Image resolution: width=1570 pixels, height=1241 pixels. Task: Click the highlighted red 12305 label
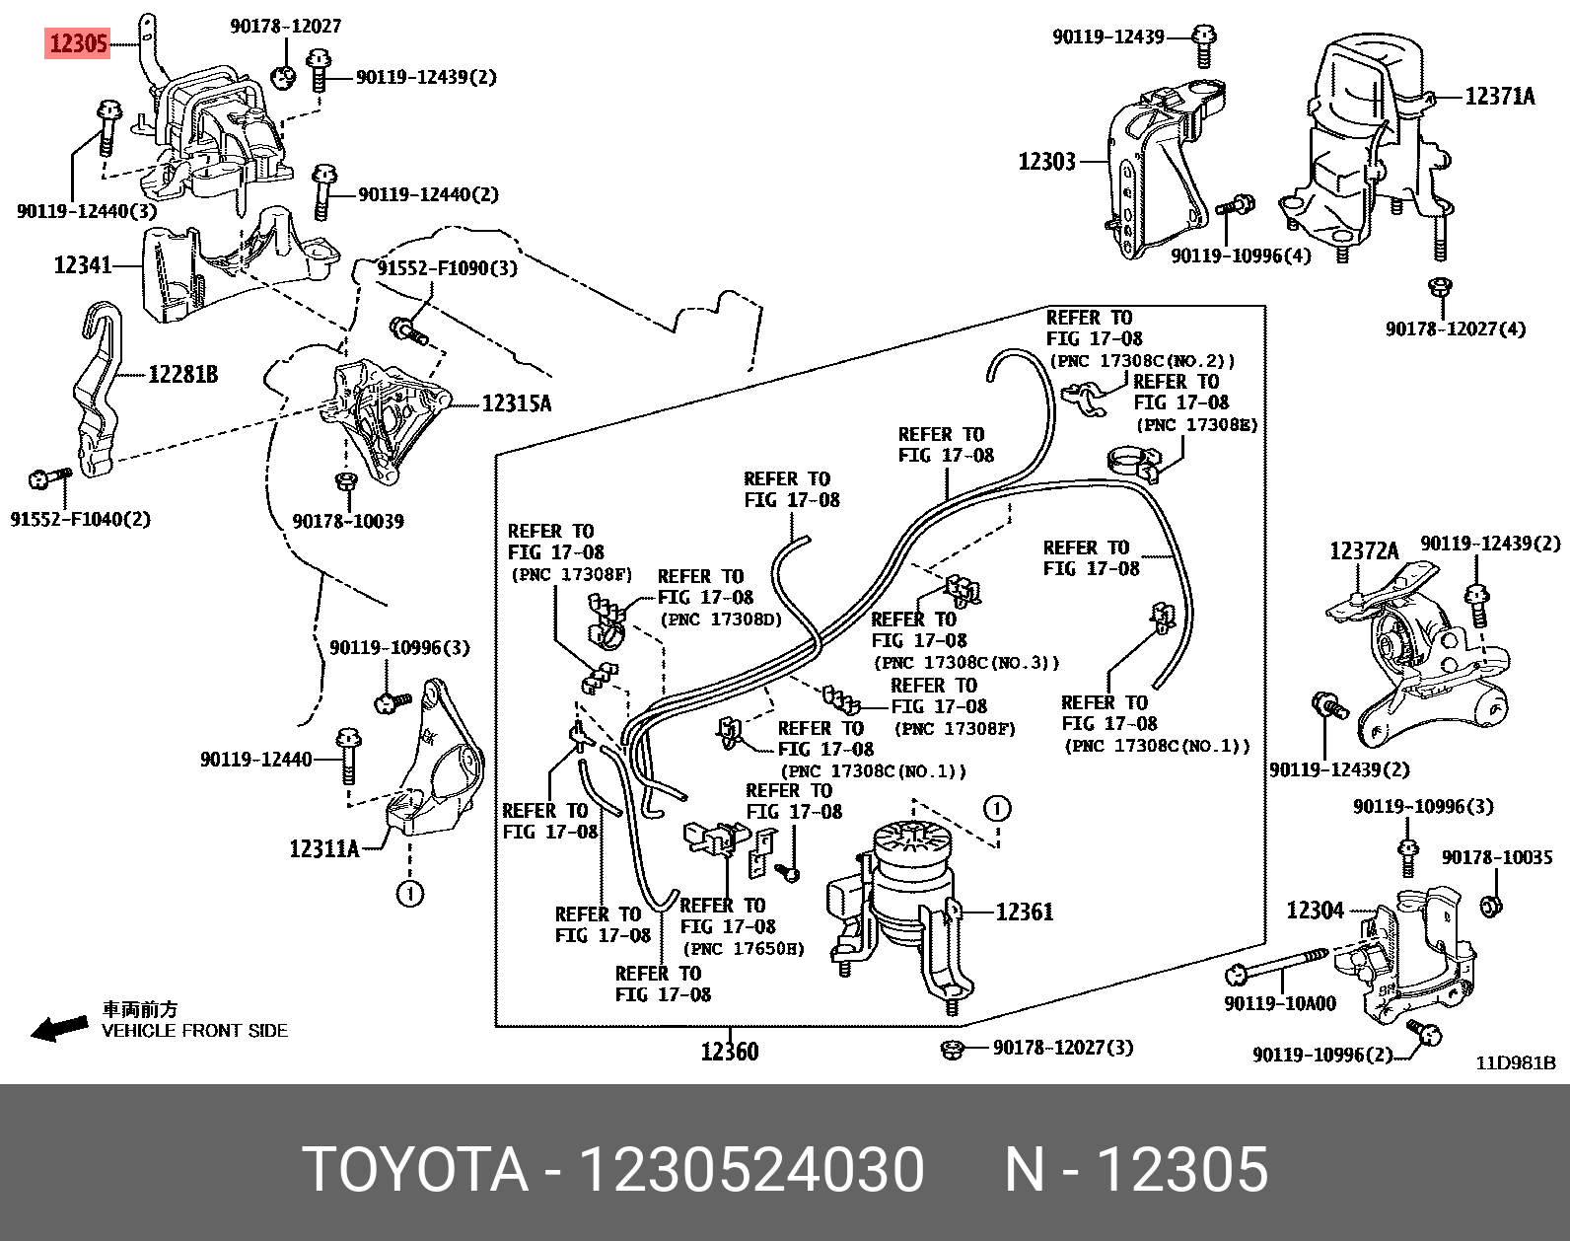pos(77,44)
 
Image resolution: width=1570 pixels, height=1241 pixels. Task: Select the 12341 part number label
pos(83,264)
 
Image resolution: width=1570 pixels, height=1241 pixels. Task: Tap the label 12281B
pos(182,375)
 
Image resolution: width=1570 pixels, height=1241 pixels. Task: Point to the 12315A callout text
pos(517,403)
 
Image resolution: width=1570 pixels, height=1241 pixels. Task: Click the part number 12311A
pos(323,847)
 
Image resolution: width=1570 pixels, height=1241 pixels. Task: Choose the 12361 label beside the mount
pos(1025,912)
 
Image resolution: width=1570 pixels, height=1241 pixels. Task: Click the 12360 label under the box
pos(730,1052)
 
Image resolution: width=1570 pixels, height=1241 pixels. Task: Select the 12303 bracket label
pos(1046,161)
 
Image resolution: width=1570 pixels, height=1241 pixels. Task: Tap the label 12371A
pos(1499,96)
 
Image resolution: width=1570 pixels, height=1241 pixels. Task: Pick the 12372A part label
pos(1364,551)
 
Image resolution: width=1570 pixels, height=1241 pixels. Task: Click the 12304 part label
pos(1315,910)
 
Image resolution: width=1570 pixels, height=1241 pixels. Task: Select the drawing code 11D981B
pos(1515,1063)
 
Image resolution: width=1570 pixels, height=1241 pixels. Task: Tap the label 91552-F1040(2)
pos(81,519)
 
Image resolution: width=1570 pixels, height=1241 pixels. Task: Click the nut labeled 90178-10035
pos(1492,905)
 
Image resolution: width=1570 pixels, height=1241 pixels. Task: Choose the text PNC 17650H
pos(743,949)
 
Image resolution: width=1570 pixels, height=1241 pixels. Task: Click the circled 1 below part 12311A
pos(409,894)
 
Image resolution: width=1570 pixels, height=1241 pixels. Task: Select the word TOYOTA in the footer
pos(415,1171)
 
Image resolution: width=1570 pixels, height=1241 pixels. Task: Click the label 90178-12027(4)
pos(1455,328)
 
